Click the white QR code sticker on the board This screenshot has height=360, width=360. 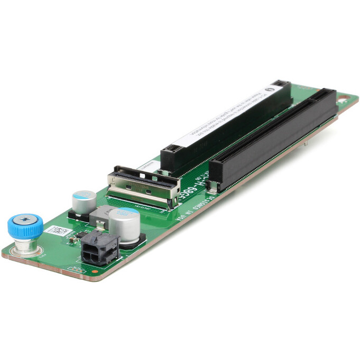[x=57, y=232]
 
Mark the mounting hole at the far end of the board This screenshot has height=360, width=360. [x=342, y=99]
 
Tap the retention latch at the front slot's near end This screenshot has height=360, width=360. [x=213, y=185]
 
